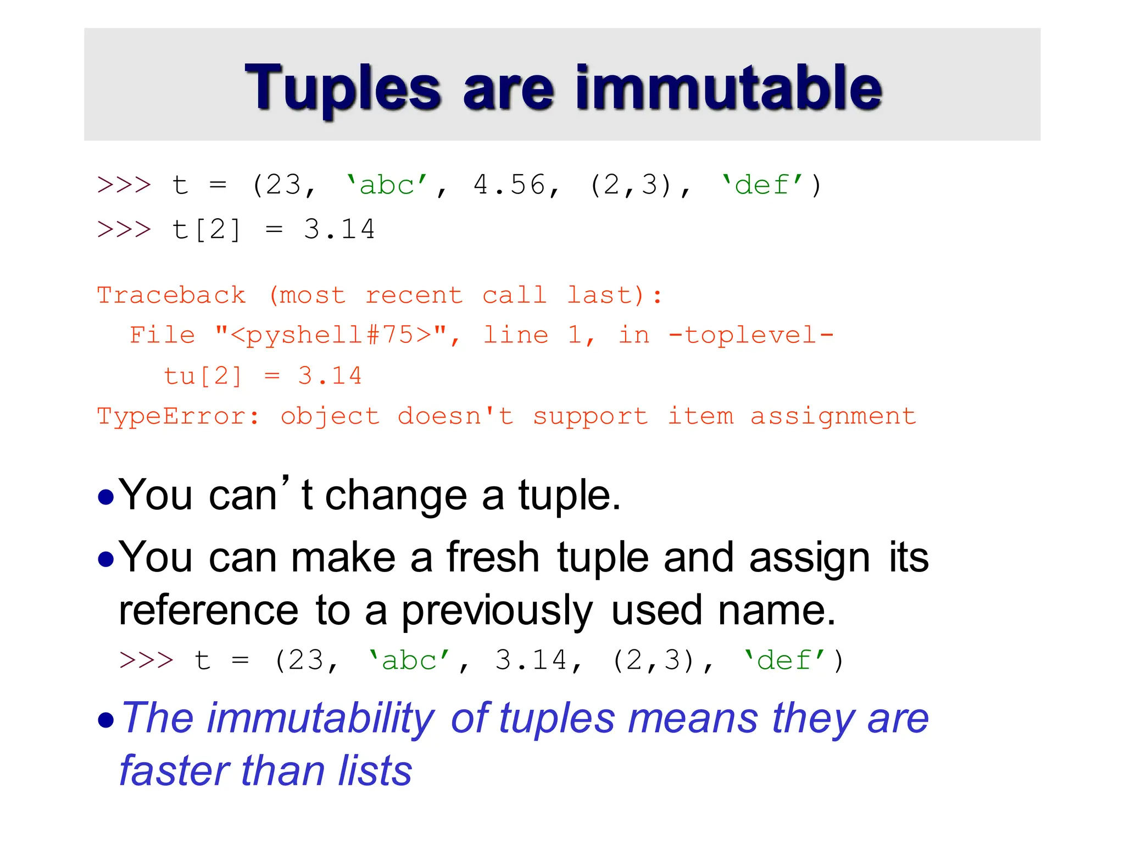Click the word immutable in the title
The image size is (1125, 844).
728,88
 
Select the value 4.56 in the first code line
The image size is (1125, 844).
509,185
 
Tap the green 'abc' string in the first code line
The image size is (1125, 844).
387,185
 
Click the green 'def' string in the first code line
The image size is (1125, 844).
762,185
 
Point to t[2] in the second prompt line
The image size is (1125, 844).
206,230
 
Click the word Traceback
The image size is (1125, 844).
171,296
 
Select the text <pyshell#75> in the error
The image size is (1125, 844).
331,335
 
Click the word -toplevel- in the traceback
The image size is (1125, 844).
751,335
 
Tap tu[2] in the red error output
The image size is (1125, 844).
203,376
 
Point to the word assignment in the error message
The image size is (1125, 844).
833,417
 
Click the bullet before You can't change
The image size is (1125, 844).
105,498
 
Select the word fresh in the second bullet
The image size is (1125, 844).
493,558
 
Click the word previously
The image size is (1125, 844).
497,611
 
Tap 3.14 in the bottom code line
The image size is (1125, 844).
531,660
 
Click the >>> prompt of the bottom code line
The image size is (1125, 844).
146,660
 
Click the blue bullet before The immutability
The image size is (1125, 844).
105,720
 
